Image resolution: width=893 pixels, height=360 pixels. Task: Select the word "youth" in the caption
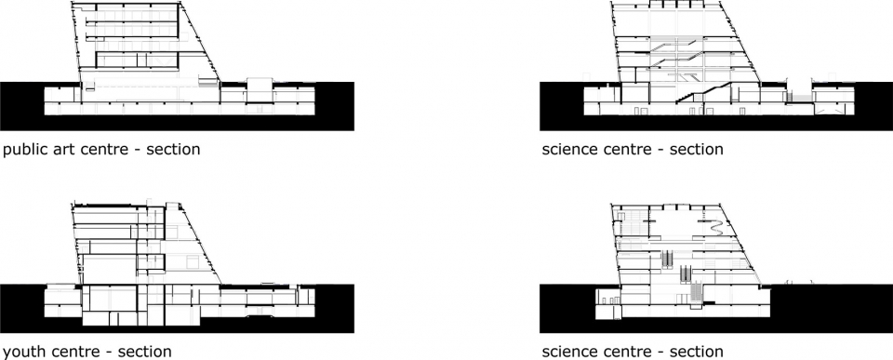tap(21, 352)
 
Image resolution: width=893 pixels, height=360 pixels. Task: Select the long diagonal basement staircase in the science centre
tap(704, 93)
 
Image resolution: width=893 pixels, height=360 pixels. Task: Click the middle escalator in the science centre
tap(686, 273)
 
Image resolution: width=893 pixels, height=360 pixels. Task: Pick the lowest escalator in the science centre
tap(696, 292)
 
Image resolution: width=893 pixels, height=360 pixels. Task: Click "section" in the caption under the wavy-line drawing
tap(697, 352)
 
